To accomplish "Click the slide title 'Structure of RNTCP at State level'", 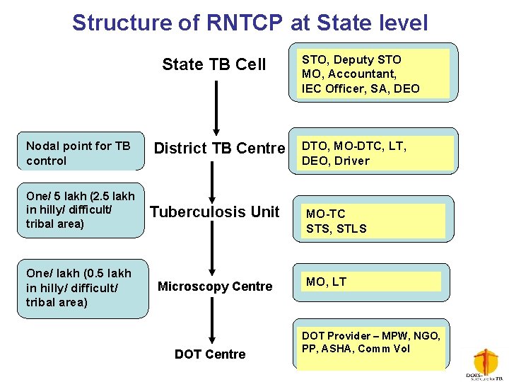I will [x=250, y=23].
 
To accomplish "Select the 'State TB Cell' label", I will [x=213, y=64].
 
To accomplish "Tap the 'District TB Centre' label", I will [x=219, y=149].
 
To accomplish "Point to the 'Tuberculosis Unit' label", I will [x=214, y=212].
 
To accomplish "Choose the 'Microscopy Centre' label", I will [x=214, y=286].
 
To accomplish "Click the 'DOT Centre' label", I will [x=210, y=354].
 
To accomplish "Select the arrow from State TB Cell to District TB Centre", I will [x=216, y=106].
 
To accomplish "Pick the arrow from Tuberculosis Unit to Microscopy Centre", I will [x=212, y=248].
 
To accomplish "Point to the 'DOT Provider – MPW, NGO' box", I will [x=372, y=344].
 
